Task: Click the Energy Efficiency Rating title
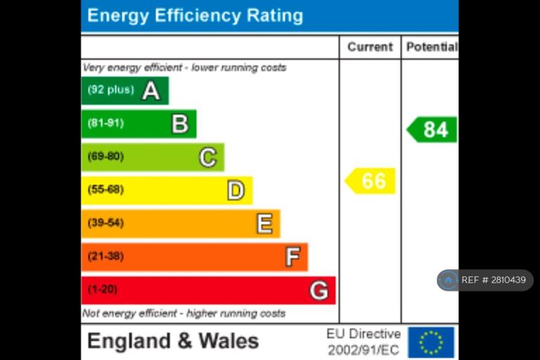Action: click(195, 15)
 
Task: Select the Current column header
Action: click(370, 47)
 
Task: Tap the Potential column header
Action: click(430, 47)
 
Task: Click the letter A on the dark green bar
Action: click(150, 90)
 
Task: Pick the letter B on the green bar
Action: click(180, 124)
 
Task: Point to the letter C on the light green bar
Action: click(207, 157)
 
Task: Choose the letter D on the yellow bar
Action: click(236, 190)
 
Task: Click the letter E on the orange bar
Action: click(264, 224)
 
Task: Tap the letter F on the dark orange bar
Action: click(292, 257)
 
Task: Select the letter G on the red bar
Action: click(319, 290)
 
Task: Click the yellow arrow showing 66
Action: click(371, 181)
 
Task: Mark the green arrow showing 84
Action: click(432, 129)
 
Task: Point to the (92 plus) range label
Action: click(110, 90)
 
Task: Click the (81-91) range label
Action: click(105, 124)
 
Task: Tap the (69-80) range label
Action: click(105, 157)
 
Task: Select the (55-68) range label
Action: click(105, 190)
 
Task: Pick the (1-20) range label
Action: click(103, 290)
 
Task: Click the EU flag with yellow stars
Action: click(431, 342)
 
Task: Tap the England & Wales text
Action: click(173, 342)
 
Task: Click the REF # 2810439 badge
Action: click(485, 280)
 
